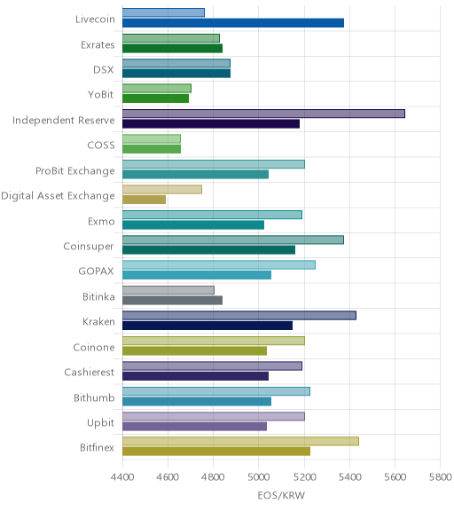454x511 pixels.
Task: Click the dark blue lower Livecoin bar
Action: pos(233,23)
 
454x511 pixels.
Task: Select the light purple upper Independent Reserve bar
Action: pos(264,114)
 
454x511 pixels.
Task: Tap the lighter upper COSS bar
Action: pos(152,138)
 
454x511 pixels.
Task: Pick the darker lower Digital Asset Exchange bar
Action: pos(145,200)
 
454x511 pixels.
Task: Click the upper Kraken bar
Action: pos(239,316)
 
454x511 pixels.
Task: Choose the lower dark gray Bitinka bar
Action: pos(173,301)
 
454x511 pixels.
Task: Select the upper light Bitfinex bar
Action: pos(240,442)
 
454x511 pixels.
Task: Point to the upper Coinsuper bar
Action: pos(233,240)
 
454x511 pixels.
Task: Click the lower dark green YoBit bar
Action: pos(156,98)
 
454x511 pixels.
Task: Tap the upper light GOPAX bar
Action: pos(219,265)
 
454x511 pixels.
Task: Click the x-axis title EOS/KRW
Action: pos(281,496)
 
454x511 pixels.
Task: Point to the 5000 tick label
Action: pos(259,477)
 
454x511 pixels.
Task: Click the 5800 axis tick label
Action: pos(441,477)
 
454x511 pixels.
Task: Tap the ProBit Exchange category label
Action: pos(75,171)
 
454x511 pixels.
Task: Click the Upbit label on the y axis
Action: pos(100,423)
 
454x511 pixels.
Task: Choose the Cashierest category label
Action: pos(90,373)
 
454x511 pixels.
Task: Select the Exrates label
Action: pos(98,45)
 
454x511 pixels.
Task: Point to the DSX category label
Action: pos(104,70)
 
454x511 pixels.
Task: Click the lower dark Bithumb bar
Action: pos(197,402)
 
